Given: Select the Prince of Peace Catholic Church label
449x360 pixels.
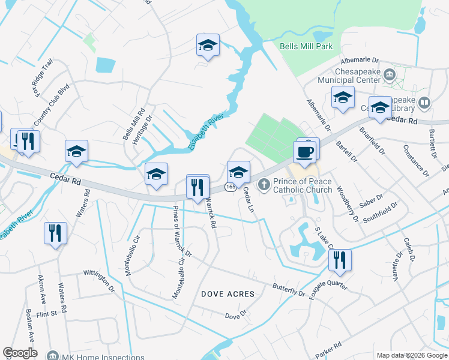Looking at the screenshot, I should (303, 185).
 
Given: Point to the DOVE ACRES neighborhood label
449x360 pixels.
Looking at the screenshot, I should (228, 294).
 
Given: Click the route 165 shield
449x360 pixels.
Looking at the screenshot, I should (231, 187).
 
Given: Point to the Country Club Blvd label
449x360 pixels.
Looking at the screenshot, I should (52, 104).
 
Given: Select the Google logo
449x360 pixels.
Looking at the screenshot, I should (20, 353).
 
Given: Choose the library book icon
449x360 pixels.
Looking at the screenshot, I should (424, 103).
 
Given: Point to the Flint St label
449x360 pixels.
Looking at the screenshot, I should (46, 313).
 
